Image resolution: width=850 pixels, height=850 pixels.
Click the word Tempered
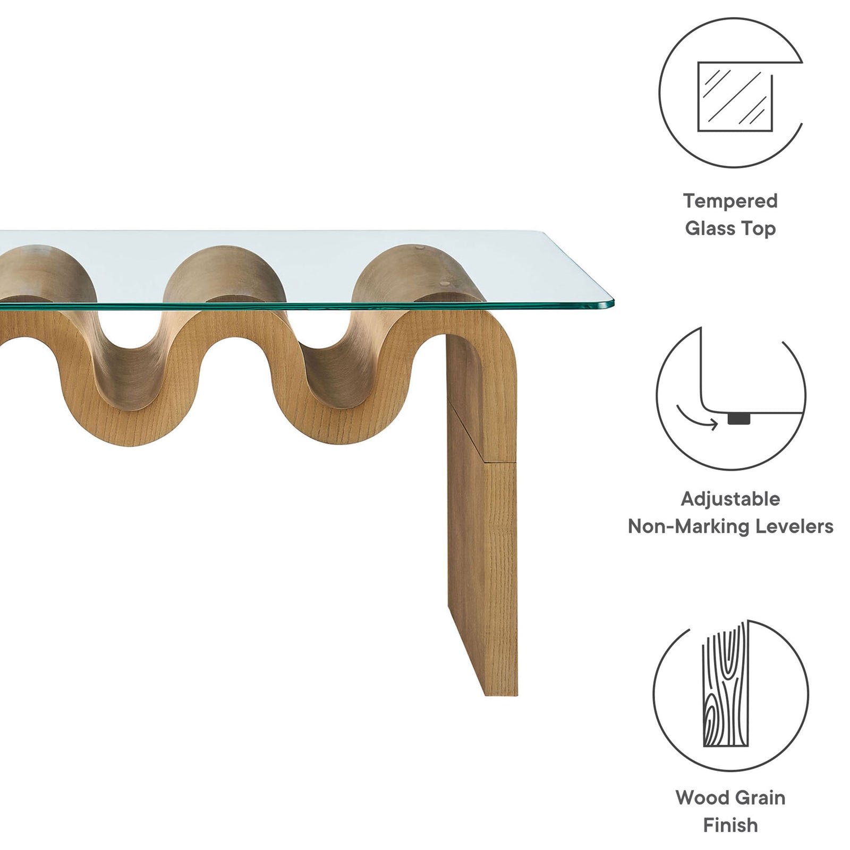[730, 201]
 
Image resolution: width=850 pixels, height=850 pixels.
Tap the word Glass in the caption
[706, 228]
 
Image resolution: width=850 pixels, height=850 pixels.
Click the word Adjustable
[730, 499]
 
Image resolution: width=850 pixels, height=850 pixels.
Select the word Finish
[730, 825]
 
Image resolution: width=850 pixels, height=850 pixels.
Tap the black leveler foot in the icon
[739, 419]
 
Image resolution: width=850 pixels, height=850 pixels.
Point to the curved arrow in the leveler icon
[696, 418]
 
